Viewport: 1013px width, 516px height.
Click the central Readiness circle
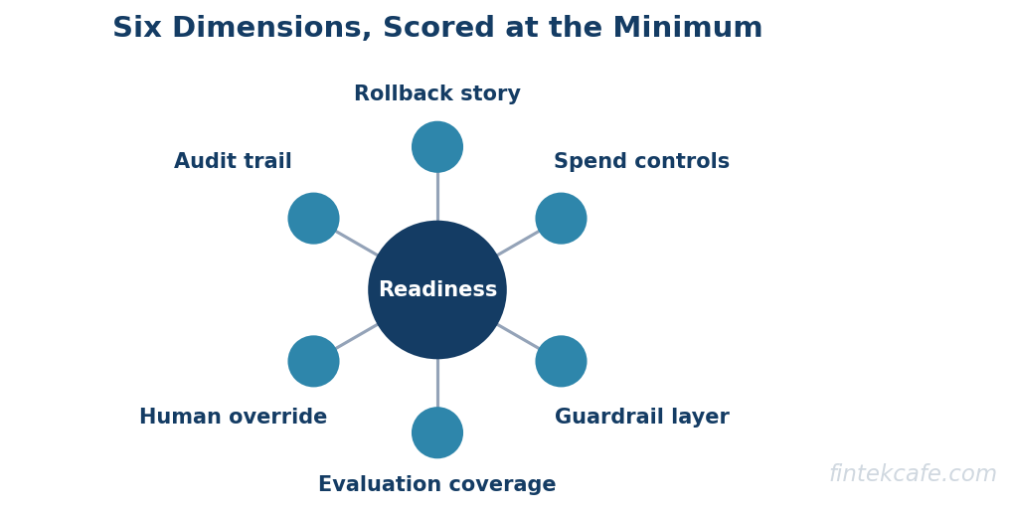click(437, 290)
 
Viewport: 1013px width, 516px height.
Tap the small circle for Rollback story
click(437, 146)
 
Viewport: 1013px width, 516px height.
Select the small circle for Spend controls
click(562, 219)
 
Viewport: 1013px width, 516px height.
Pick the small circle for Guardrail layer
click(562, 361)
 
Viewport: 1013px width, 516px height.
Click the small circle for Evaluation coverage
click(437, 432)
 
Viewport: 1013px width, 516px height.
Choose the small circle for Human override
click(313, 361)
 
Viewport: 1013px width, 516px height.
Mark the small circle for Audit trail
click(313, 219)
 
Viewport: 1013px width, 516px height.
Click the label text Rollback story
click(437, 93)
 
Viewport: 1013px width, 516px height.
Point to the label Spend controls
click(641, 161)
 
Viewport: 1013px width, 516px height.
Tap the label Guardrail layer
click(642, 417)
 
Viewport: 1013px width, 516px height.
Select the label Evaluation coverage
click(437, 484)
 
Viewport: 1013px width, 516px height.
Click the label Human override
click(234, 417)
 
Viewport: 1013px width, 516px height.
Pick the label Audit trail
click(234, 161)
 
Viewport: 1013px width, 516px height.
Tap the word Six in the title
click(137, 28)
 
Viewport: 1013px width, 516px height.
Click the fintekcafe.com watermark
click(913, 473)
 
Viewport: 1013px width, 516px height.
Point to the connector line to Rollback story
click(437, 196)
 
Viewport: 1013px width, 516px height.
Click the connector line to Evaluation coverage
click(437, 383)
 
